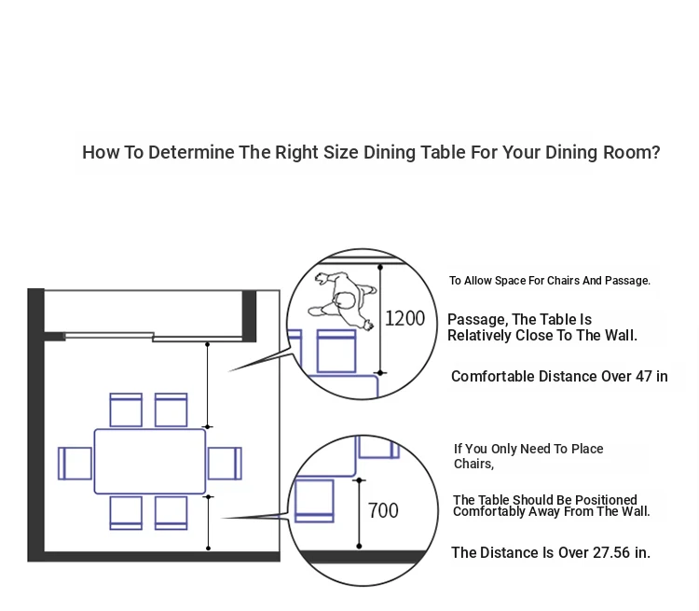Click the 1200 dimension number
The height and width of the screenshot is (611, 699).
(x=404, y=319)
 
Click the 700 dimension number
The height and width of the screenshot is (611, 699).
(x=383, y=510)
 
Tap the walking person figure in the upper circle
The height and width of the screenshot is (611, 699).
(x=342, y=300)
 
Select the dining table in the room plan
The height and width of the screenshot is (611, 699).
(x=150, y=462)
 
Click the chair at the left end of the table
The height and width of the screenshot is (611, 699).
(x=75, y=464)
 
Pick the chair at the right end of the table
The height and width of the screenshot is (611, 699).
(x=225, y=464)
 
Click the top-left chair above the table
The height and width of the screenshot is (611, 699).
(x=126, y=410)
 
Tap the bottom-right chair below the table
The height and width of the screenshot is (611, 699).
(x=171, y=513)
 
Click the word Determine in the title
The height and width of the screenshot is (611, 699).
(x=191, y=152)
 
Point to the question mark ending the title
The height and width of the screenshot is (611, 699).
(x=655, y=152)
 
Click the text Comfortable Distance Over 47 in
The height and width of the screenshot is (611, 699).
(x=559, y=376)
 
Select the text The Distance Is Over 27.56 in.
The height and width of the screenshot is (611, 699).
(x=551, y=552)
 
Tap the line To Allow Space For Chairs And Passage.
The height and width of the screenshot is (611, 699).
(x=550, y=281)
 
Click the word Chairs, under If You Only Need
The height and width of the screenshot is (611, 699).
(x=473, y=465)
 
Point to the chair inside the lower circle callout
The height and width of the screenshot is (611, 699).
(x=314, y=500)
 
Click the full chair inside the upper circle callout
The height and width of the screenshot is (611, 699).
(x=336, y=351)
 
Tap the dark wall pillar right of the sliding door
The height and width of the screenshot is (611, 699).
(x=249, y=315)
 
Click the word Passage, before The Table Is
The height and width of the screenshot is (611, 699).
(x=477, y=320)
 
